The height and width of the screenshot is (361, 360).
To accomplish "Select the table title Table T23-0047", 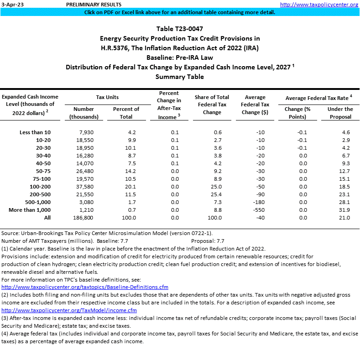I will (x=180, y=29).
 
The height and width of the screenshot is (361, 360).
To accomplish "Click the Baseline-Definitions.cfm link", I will (x=85, y=287).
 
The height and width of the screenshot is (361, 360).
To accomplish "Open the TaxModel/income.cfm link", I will (x=69, y=310).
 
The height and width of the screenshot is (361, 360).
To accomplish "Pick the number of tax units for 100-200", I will (x=84, y=187).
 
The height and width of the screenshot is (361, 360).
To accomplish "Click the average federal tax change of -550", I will (x=258, y=209).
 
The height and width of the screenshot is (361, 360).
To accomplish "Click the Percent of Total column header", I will (x=126, y=113).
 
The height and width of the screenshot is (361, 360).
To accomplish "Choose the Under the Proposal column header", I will (x=340, y=113).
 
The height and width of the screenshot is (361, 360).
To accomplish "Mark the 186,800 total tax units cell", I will (x=84, y=218).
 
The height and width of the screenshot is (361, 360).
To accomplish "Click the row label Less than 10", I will (x=35, y=132).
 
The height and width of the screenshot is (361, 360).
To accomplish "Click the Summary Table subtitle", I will (x=180, y=77).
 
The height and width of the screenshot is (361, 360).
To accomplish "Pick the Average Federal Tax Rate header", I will (x=319, y=98).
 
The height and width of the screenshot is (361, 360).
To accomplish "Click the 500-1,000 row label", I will (x=34, y=202).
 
